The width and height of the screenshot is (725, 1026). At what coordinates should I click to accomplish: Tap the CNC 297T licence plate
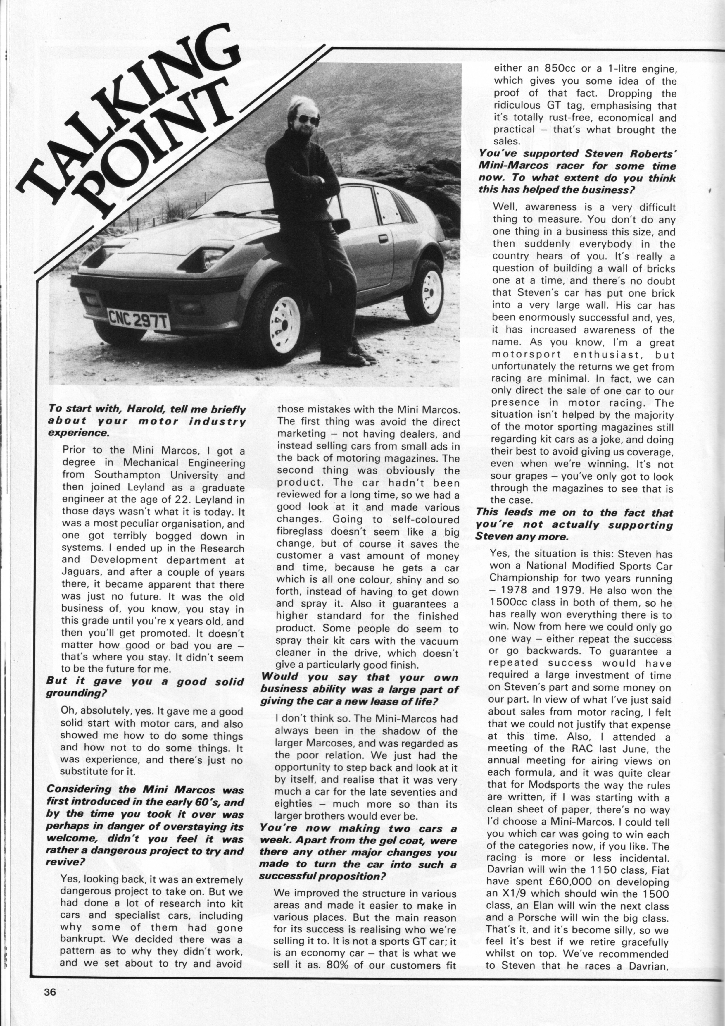[139, 319]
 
